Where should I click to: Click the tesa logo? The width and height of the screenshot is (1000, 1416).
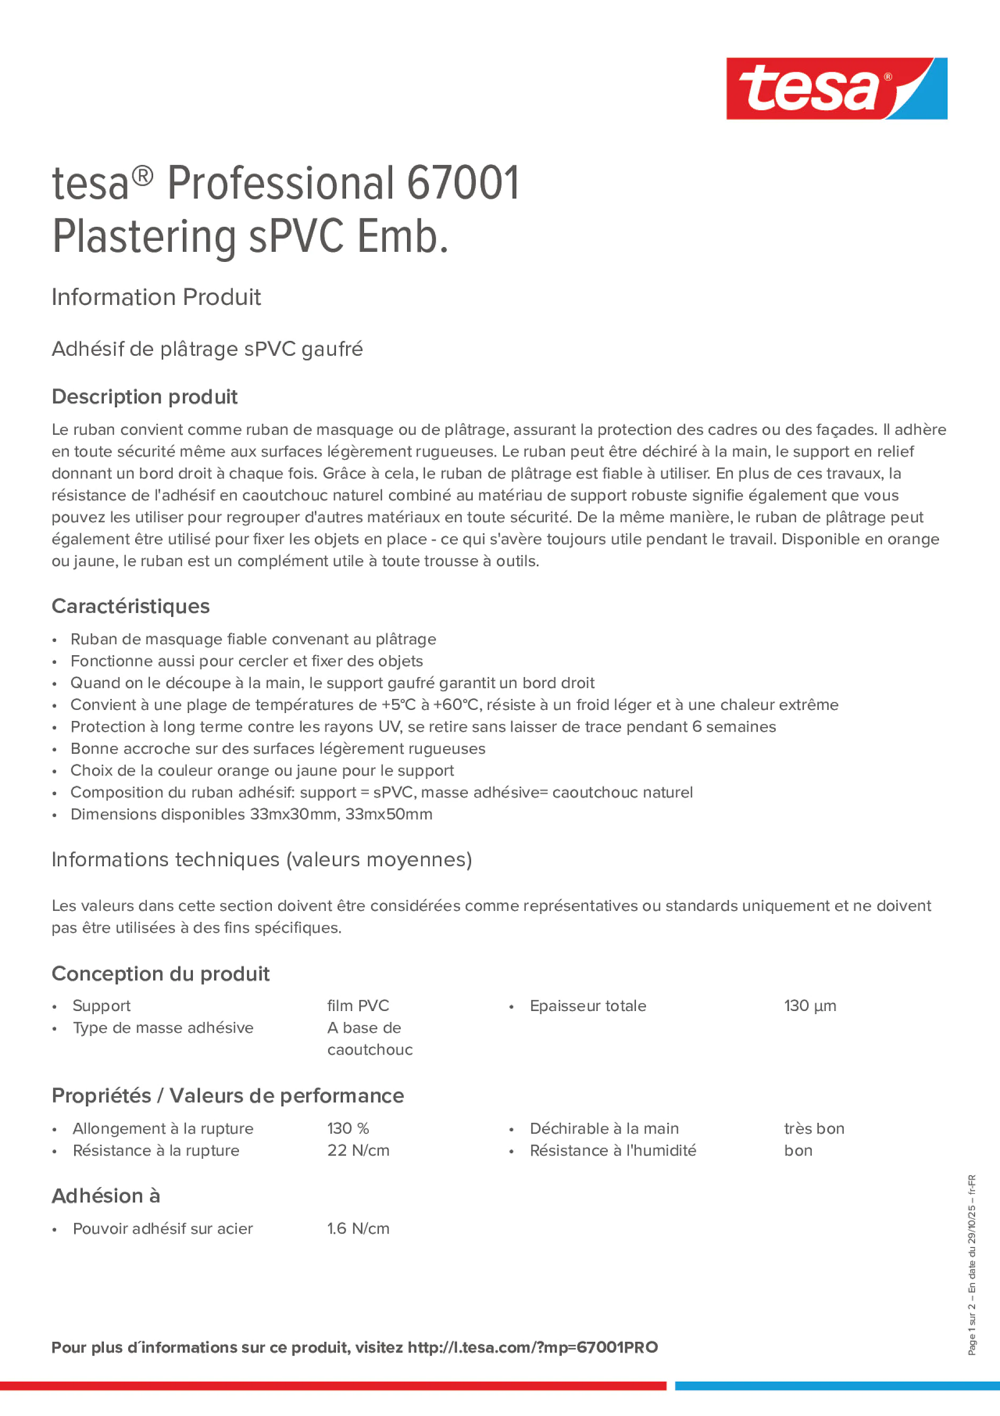coord(836,88)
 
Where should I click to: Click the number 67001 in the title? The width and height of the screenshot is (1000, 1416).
coord(463,183)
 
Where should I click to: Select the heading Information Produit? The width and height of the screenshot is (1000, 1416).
coord(156,297)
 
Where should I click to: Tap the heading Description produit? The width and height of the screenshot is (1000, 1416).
coord(144,397)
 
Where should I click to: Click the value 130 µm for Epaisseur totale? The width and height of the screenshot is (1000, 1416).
coord(810,1006)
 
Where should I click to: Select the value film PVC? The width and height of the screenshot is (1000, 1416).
coord(358,1006)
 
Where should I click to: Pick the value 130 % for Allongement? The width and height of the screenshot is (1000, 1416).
coord(348,1129)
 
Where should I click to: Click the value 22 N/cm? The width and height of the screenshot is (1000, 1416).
coord(358,1150)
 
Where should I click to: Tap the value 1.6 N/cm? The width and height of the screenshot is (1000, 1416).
coord(358,1228)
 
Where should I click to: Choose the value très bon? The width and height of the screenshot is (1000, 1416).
coord(814,1129)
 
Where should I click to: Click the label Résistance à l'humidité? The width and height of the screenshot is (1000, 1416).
coord(612,1150)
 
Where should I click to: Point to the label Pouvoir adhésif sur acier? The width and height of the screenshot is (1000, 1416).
coord(163,1228)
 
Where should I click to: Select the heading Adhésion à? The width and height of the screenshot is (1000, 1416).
coord(105,1196)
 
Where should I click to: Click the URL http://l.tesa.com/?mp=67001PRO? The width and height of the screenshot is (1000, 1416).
coord(533,1348)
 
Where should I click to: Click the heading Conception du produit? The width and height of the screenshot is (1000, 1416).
coord(160,974)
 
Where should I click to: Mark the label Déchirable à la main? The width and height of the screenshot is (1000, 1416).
coord(604,1129)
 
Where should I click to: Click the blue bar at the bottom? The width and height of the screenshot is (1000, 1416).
coord(837,1386)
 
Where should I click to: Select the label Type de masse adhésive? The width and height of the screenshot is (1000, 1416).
coord(163,1027)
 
